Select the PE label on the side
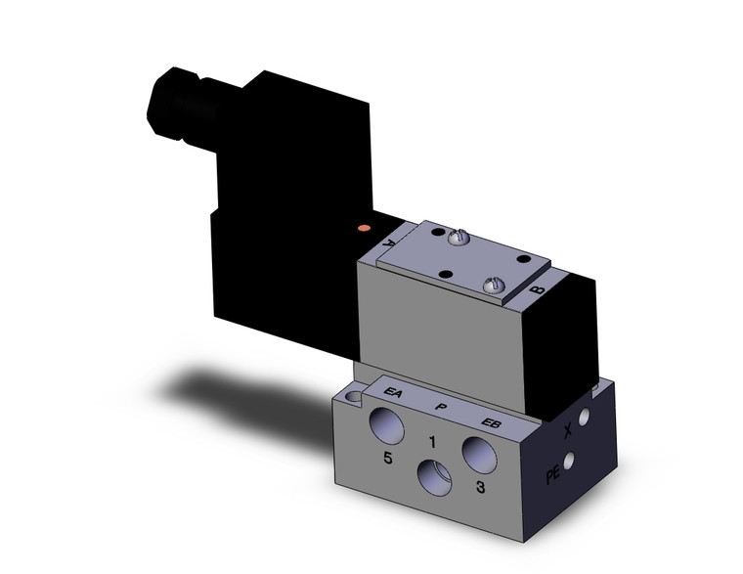pos(553,477)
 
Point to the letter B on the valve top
pos(535,290)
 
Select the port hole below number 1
pos(434,482)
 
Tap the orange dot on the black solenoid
pos(366,228)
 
